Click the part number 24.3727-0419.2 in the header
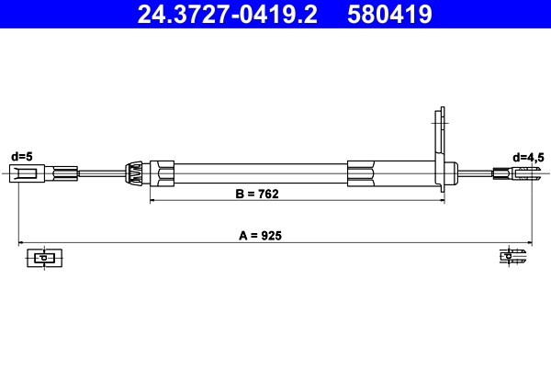[228, 15]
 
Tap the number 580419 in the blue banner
[389, 15]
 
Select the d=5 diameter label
[22, 157]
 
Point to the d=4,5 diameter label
[528, 158]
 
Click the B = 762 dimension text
[257, 194]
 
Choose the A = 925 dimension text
[260, 236]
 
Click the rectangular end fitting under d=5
[27, 173]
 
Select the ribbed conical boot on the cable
[134, 173]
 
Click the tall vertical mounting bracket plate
[440, 150]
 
